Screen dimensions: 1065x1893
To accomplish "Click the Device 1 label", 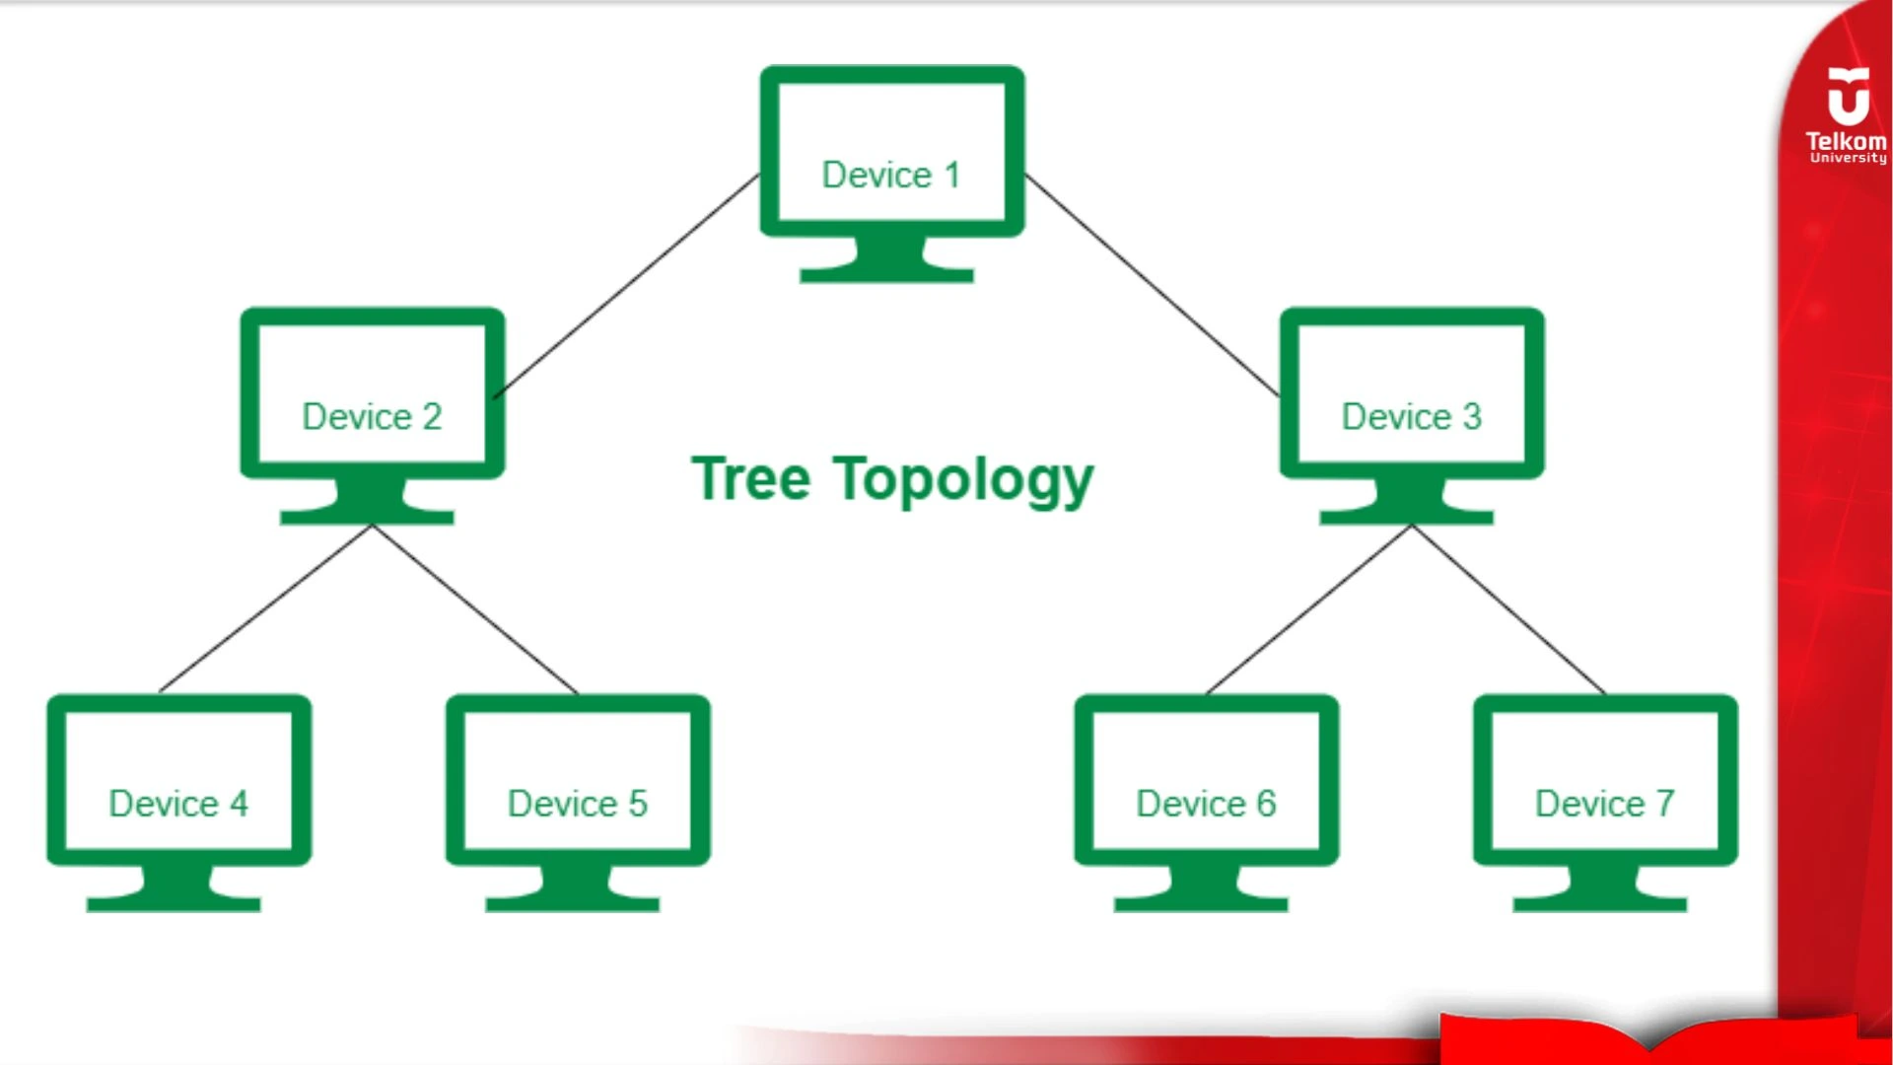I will click(x=890, y=176).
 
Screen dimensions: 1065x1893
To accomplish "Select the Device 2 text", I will click(x=372, y=417).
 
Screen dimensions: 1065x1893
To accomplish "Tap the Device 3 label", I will click(x=1411, y=417).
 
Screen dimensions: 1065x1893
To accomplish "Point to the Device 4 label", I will click(x=178, y=804).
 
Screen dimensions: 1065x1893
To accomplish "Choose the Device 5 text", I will click(x=578, y=804).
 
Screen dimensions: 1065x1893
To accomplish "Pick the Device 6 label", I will click(x=1206, y=804).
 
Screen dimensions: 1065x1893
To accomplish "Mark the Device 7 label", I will click(x=1604, y=804).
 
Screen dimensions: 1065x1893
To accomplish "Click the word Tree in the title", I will click(x=751, y=479).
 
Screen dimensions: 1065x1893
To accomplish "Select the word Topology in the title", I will click(x=963, y=481).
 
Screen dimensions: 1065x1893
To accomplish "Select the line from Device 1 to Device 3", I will click(x=1152, y=286).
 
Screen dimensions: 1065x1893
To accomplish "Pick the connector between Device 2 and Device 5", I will click(x=475, y=609).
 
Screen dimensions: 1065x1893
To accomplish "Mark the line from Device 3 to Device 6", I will click(x=1309, y=609).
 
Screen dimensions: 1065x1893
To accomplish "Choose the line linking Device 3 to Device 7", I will click(x=1508, y=609).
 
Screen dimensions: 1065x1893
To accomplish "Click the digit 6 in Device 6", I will click(x=1266, y=804).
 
